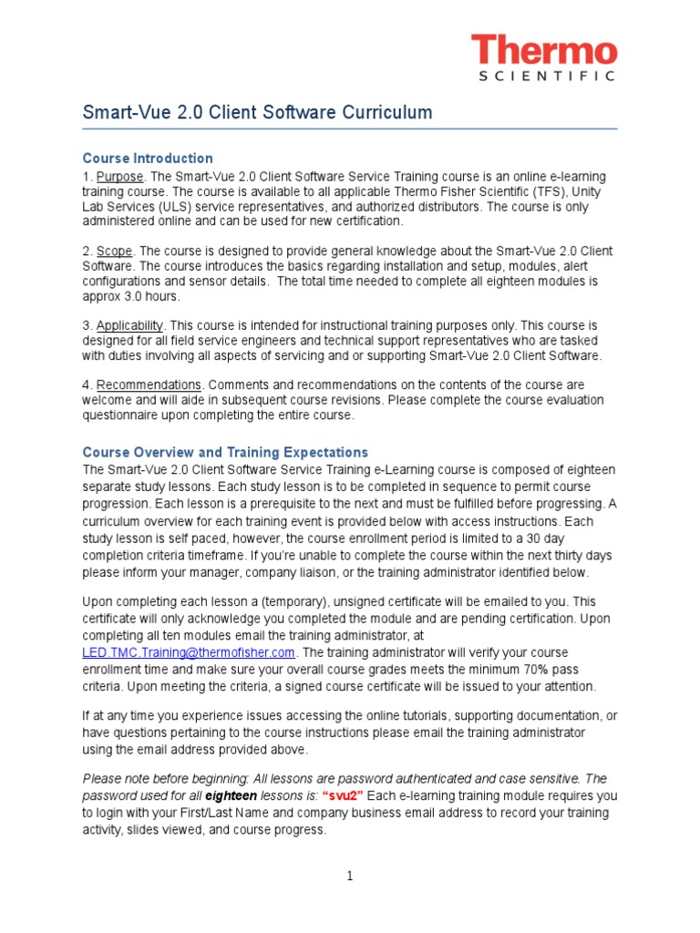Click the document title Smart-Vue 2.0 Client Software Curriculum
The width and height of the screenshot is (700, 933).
pyautogui.click(x=257, y=112)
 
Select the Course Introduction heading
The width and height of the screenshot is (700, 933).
pyautogui.click(x=148, y=158)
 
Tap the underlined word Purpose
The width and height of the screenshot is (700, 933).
pyautogui.click(x=120, y=176)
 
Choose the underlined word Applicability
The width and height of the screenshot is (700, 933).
pyautogui.click(x=129, y=325)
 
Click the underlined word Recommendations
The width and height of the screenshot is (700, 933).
pyautogui.click(x=149, y=384)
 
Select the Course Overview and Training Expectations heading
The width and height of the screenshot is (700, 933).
pyautogui.click(x=225, y=452)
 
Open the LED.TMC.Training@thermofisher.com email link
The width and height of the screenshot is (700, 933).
pyautogui.click(x=189, y=652)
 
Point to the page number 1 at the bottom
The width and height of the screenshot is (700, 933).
pyautogui.click(x=349, y=877)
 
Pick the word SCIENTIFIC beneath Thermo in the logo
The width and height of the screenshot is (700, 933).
pyautogui.click(x=548, y=77)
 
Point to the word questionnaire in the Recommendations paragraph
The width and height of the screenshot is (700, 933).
pyautogui.click(x=128, y=415)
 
